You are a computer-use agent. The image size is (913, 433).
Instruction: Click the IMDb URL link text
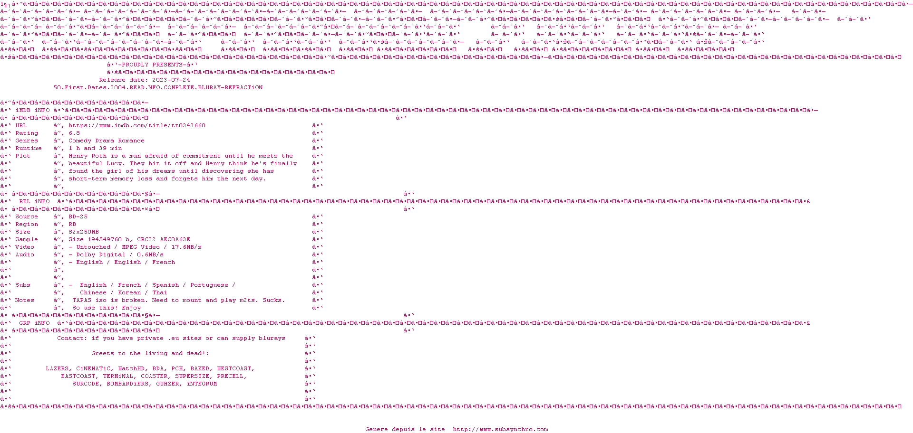137,126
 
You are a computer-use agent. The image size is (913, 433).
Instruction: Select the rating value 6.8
74,133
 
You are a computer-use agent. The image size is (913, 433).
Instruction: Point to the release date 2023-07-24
171,80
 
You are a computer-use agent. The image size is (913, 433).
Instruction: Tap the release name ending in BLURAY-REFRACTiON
158,88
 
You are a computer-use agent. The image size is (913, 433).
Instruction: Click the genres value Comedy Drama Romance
107,141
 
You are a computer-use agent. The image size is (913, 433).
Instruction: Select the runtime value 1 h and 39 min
95,149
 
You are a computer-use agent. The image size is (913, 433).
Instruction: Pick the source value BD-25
78,217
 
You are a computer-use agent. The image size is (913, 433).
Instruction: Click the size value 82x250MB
84,232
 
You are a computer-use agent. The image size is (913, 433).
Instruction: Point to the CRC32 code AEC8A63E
175,240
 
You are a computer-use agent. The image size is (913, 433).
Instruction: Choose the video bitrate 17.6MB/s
186,247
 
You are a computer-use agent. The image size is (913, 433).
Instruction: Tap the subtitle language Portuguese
209,285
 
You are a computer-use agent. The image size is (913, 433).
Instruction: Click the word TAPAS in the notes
82,301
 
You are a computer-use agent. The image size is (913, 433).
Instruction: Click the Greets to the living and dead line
150,354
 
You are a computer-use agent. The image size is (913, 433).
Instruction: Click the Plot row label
23,156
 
